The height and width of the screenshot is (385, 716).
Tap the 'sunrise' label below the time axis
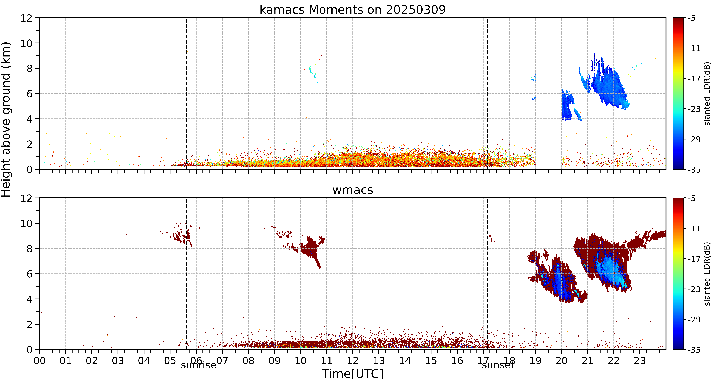point(198,365)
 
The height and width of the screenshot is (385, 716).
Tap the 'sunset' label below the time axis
point(498,365)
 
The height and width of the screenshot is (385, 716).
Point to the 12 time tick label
point(352,361)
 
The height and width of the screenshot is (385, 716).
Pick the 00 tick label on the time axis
point(40,361)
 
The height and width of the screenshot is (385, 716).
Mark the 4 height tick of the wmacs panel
point(29,299)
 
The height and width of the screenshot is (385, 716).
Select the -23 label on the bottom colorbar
point(694,289)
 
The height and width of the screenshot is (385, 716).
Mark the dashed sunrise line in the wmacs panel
point(186,274)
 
